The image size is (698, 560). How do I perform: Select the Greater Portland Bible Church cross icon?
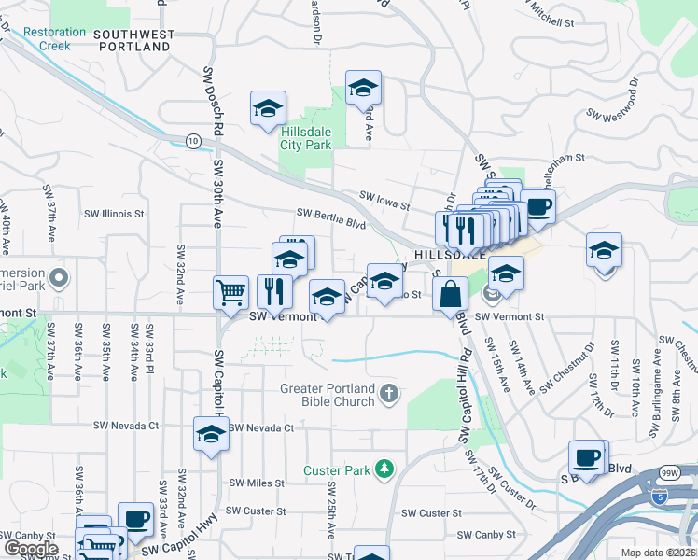click(390, 395)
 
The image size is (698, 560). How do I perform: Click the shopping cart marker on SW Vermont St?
click(230, 292)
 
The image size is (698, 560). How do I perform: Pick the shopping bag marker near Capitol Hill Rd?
click(450, 293)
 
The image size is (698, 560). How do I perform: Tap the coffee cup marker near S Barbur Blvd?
click(587, 458)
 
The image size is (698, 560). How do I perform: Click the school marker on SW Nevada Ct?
click(212, 434)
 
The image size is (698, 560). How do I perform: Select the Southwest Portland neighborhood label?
click(133, 40)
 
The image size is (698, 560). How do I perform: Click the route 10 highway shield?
click(193, 141)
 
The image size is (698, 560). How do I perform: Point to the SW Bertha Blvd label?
click(330, 218)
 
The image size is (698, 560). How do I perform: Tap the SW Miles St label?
click(257, 483)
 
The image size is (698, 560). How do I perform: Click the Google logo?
click(32, 549)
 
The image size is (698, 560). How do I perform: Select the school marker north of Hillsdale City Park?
click(363, 89)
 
